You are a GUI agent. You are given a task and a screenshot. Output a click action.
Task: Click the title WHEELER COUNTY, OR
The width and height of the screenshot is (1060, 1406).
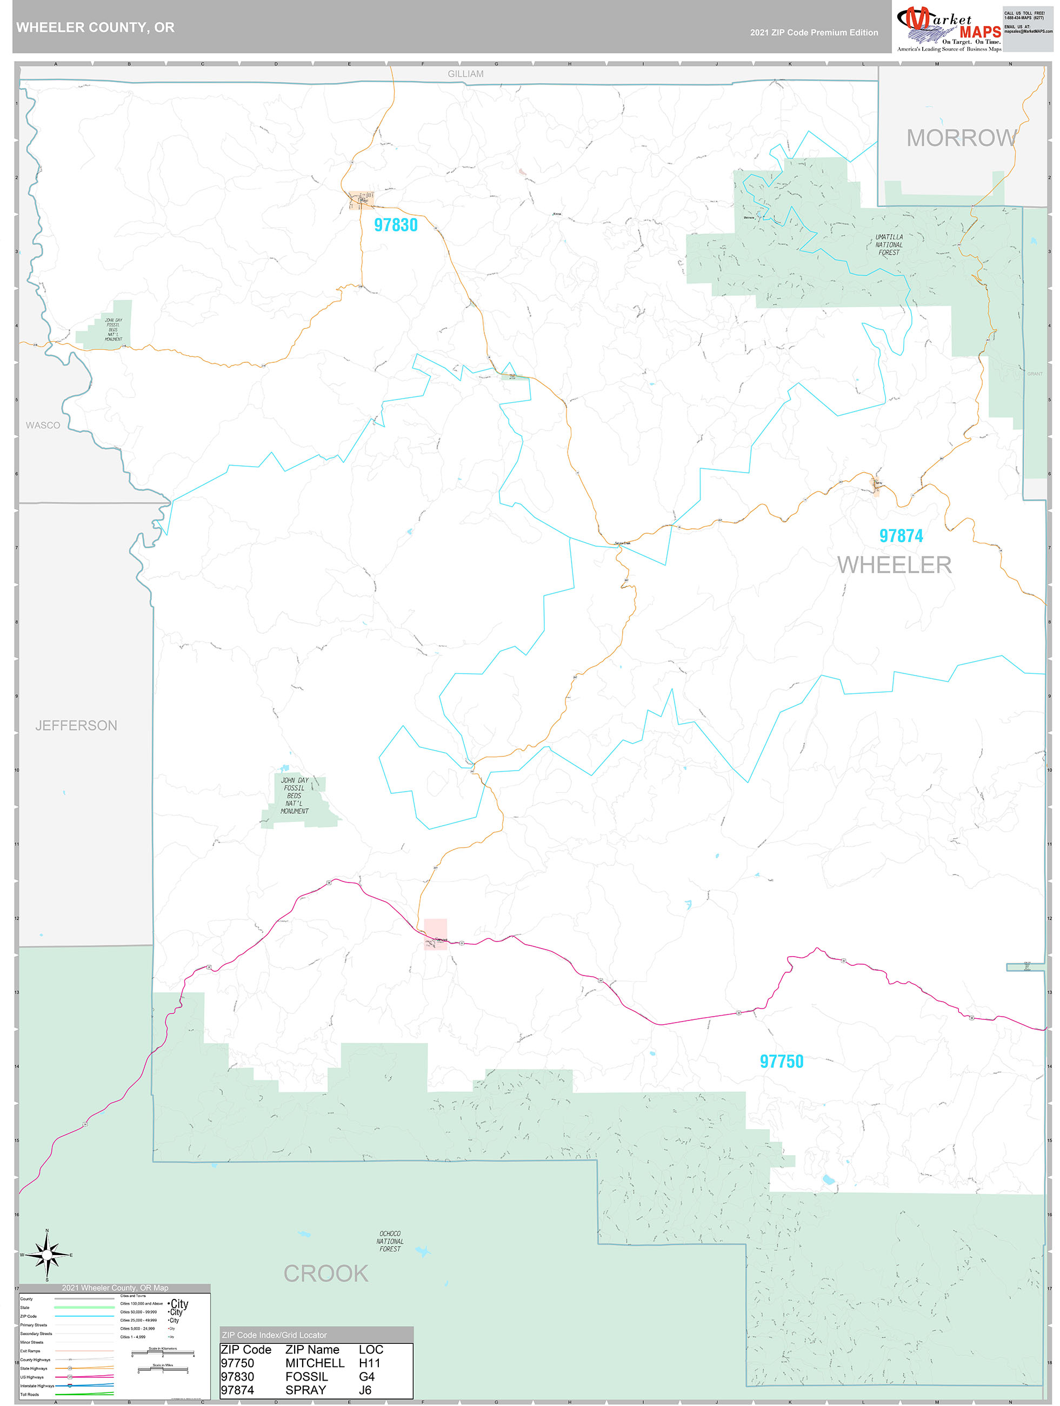(95, 28)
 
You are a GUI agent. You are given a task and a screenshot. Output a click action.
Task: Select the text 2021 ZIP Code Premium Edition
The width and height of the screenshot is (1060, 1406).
(814, 32)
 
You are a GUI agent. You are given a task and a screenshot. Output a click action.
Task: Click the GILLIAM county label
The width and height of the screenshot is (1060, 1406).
(465, 74)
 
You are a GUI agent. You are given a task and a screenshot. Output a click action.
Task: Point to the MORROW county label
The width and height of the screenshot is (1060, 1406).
(961, 138)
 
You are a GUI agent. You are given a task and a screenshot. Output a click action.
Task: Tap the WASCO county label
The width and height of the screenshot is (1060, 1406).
(43, 425)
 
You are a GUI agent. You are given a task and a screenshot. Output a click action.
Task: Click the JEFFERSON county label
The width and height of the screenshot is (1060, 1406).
(76, 725)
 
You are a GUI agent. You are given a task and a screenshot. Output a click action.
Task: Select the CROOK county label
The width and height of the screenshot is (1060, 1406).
(325, 1273)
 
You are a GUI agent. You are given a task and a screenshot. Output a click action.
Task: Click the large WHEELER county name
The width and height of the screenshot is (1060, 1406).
(894, 565)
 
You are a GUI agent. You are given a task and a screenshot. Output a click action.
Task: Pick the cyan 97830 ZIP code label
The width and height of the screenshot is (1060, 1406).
(395, 225)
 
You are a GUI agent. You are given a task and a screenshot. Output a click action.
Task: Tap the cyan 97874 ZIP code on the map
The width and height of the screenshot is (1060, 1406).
(901, 536)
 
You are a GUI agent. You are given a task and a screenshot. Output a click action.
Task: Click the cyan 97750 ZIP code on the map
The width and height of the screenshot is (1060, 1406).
(781, 1061)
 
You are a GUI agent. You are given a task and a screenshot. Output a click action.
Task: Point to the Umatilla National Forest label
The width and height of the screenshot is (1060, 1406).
(889, 245)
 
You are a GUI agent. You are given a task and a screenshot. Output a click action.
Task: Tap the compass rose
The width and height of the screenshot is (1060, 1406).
(46, 1255)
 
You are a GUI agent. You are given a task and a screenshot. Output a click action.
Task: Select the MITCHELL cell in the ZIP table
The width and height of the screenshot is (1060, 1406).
(315, 1363)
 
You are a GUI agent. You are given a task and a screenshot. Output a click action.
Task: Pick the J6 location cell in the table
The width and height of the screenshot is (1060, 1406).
(365, 1390)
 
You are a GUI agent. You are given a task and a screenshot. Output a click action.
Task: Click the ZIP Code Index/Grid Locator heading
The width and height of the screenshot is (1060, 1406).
(274, 1335)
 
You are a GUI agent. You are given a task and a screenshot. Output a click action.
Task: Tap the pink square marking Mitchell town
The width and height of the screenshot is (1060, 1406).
(435, 934)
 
